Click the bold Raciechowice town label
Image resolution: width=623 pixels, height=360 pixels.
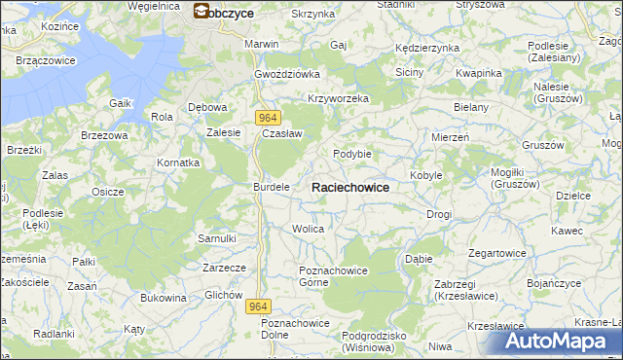pyautogui.click(x=350, y=187)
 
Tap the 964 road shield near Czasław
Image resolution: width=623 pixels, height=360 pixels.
pyautogui.click(x=270, y=117)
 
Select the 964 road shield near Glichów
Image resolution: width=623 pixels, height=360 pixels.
pyautogui.click(x=256, y=306)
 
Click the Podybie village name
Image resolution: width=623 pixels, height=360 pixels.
pyautogui.click(x=352, y=153)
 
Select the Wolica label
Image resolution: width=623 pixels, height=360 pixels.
pyautogui.click(x=308, y=229)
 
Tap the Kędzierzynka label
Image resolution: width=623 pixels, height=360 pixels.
pyautogui.click(x=426, y=48)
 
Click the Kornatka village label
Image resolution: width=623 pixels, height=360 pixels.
pyautogui.click(x=179, y=162)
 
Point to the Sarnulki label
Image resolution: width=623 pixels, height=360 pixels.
pyautogui.click(x=217, y=238)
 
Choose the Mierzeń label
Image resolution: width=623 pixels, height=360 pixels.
pyautogui.click(x=451, y=138)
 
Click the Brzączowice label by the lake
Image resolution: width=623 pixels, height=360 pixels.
pyautogui.click(x=46, y=60)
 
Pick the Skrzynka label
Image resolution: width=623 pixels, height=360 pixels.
pyautogui.click(x=312, y=15)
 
